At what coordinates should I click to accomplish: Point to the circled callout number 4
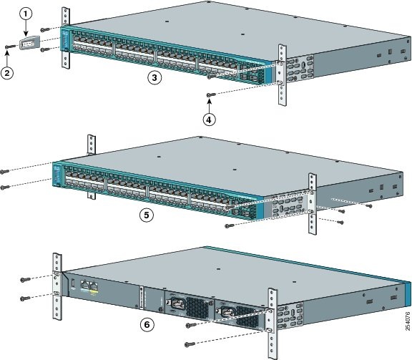coord(209,120)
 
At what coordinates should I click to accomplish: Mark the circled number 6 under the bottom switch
coord(147,324)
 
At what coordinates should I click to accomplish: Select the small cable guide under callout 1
coord(27,45)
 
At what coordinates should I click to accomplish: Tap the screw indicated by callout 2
coord(8,47)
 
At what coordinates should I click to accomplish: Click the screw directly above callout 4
coord(210,94)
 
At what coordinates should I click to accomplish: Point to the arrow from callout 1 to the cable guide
coord(26,30)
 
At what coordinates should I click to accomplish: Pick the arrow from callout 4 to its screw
coord(209,107)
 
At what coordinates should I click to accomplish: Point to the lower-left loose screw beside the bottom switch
coord(24,298)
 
